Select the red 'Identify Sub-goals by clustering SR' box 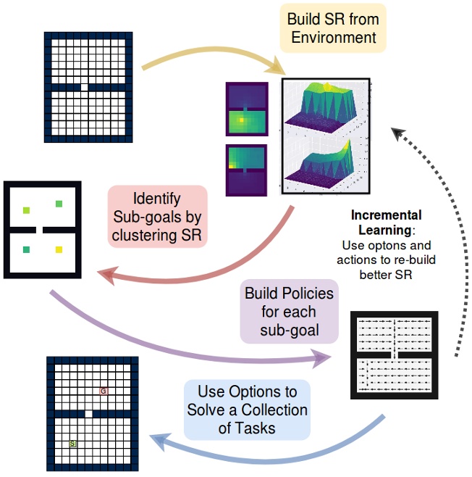click(x=158, y=216)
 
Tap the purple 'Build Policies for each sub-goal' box click(x=290, y=311)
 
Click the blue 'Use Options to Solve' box click(x=247, y=410)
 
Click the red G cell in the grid click(x=104, y=391)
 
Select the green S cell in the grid click(x=72, y=442)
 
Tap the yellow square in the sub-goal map click(x=59, y=249)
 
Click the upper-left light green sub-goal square click(x=27, y=210)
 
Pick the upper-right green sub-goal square click(x=59, y=204)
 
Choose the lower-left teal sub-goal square click(x=27, y=249)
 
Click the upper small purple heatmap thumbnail click(x=246, y=111)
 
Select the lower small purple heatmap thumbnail click(x=246, y=170)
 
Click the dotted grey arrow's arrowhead click(x=397, y=133)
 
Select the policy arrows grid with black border click(x=395, y=354)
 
